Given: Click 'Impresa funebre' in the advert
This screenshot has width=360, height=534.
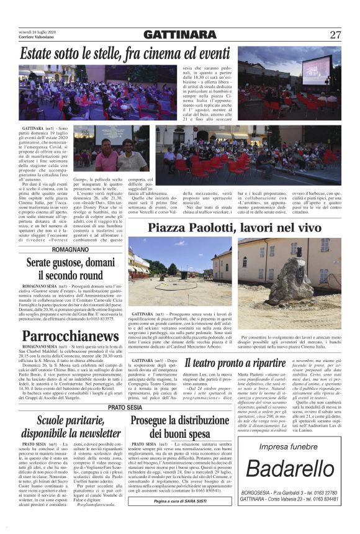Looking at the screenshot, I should tap(288, 464).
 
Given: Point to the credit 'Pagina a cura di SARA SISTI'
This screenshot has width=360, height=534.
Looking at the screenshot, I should tap(179, 518).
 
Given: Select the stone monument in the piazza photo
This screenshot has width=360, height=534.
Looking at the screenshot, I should tap(291, 278).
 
